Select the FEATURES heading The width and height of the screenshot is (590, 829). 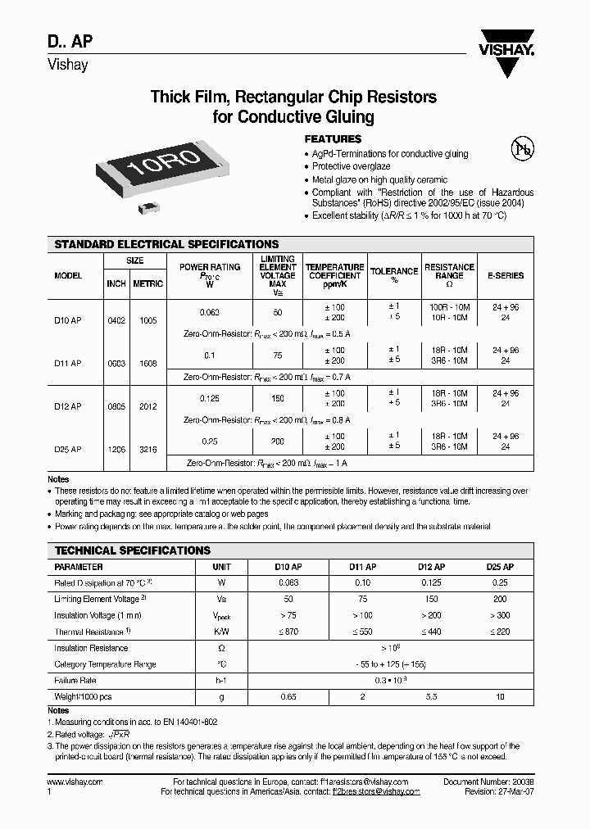[333, 139]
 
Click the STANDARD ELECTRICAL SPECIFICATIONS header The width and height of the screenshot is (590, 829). [166, 244]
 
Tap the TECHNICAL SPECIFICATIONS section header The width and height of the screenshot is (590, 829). [133, 550]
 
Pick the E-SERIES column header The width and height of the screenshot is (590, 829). [505, 276]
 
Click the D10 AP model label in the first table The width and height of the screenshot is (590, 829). [68, 321]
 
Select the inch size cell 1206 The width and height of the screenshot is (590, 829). [116, 449]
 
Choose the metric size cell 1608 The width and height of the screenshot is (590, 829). [147, 363]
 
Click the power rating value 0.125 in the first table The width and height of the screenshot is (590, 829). [210, 398]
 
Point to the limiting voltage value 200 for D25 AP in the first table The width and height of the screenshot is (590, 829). [278, 441]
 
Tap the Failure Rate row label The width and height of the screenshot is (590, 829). [75, 681]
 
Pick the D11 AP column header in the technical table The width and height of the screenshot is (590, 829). [362, 567]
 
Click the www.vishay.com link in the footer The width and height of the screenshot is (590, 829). [75, 782]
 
